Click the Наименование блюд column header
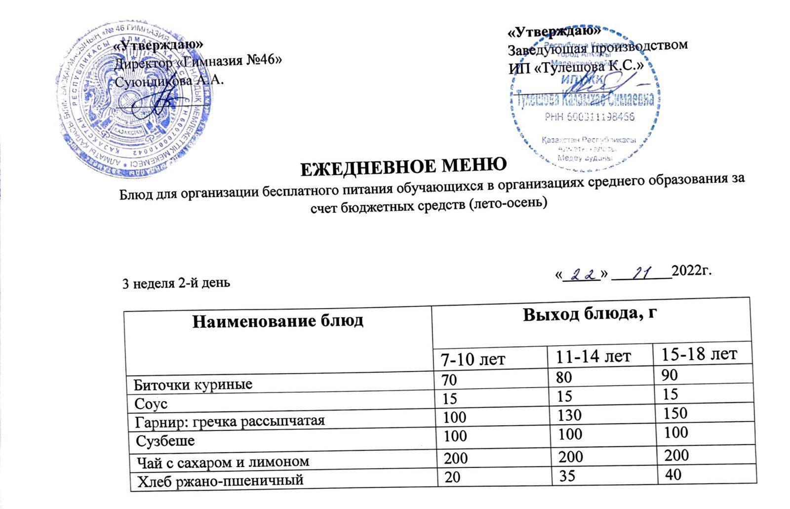(x=277, y=321)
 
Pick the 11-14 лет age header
(x=592, y=356)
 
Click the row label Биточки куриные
(x=194, y=384)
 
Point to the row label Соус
(x=151, y=404)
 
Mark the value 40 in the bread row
(x=673, y=474)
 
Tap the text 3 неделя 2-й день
(x=176, y=284)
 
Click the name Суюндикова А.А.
(x=169, y=80)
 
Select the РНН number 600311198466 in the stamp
(x=589, y=117)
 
